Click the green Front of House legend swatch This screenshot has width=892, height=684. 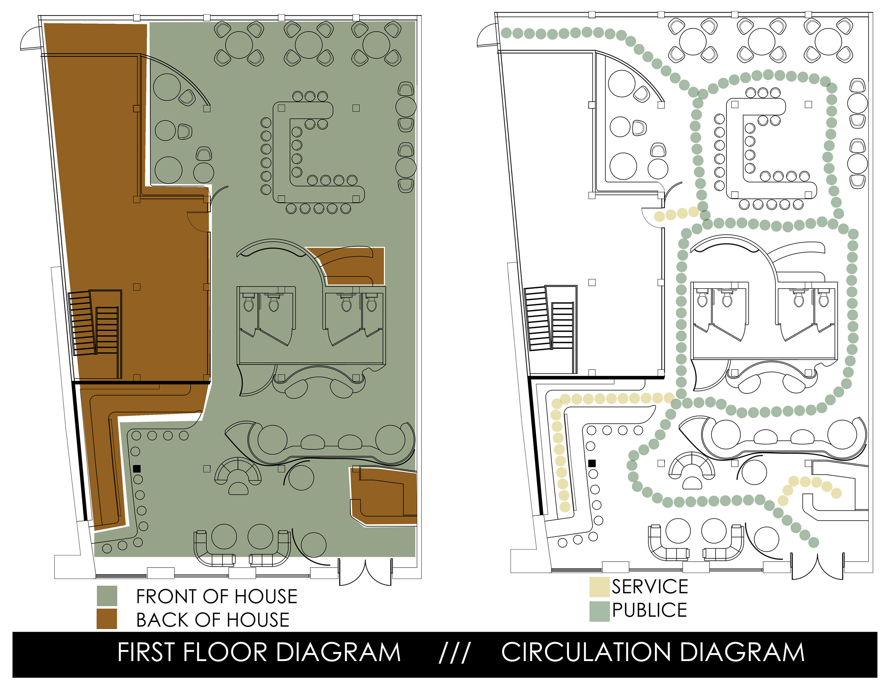[107, 596]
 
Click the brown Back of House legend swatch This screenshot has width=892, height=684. [107, 619]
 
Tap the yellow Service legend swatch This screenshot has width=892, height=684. [599, 587]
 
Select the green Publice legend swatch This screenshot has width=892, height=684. [599, 611]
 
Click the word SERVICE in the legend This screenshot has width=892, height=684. [650, 587]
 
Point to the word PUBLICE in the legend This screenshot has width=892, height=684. [650, 610]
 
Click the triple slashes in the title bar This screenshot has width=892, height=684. [455, 653]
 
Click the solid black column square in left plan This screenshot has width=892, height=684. [137, 469]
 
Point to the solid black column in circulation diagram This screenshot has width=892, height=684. [592, 463]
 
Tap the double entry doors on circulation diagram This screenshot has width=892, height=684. [817, 566]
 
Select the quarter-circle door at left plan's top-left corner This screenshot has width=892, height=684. [31, 39]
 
